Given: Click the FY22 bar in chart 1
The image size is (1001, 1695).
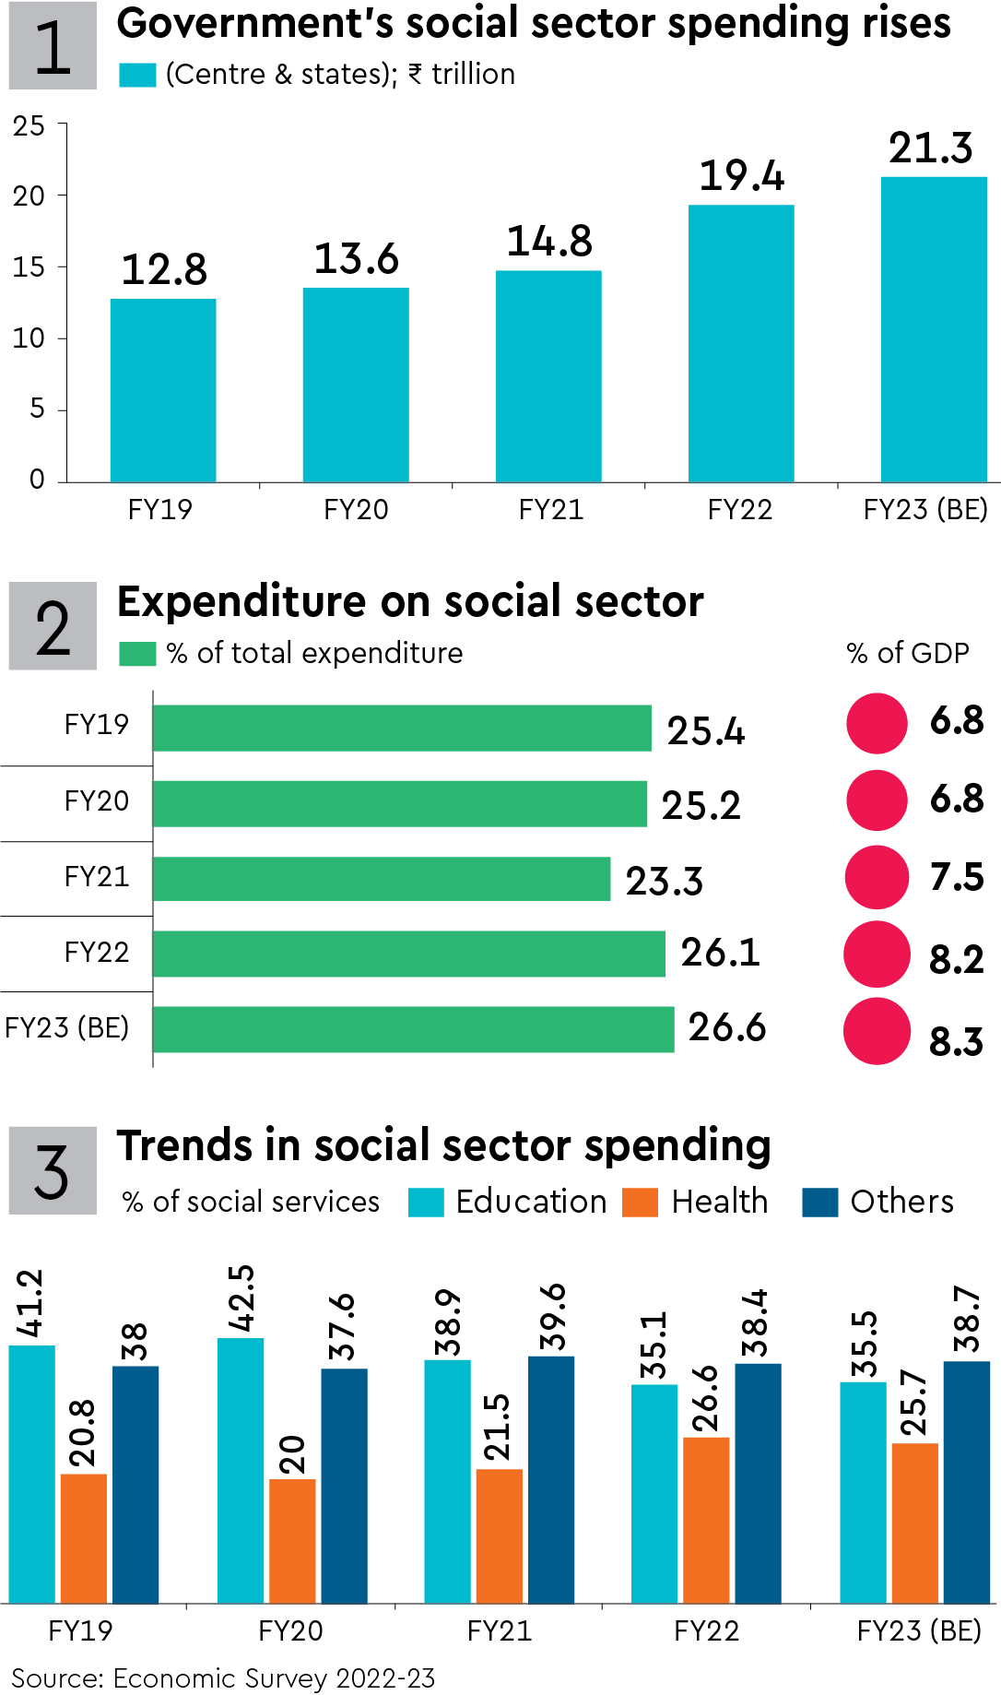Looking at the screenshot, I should click(x=741, y=343).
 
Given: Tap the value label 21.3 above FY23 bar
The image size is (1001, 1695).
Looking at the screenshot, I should click(x=930, y=148).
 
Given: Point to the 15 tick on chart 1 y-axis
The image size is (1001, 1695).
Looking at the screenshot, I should click(x=29, y=267).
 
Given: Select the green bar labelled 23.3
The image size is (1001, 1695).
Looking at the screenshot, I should click(x=381, y=879).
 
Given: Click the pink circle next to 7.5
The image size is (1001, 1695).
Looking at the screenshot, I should click(x=877, y=877).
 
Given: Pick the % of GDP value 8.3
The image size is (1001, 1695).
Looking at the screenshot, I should click(x=956, y=1042).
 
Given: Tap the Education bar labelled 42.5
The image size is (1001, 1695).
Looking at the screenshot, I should click(x=241, y=1470).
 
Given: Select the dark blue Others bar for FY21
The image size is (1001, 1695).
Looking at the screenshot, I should click(x=551, y=1479).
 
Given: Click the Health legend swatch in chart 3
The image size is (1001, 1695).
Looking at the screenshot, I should click(x=640, y=1203).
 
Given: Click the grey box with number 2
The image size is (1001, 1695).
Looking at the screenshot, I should click(x=53, y=626).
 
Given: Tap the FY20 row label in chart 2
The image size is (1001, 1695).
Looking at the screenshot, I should click(x=96, y=800).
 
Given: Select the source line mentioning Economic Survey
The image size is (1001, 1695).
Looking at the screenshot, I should click(x=222, y=1677).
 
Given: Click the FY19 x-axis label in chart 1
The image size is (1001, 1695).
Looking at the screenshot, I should click(x=159, y=510).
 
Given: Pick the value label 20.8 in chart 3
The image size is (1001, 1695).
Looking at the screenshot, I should click(x=83, y=1433).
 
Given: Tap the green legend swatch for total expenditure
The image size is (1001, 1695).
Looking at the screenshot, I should click(x=137, y=654).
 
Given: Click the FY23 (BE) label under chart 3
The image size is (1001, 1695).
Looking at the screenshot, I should click(x=919, y=1630).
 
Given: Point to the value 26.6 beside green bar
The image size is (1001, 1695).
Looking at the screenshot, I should click(x=726, y=1027).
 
